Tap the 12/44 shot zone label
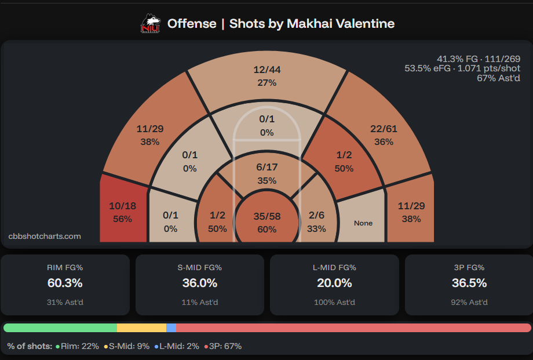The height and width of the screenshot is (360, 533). point(267,70)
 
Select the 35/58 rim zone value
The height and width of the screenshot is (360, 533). point(267,216)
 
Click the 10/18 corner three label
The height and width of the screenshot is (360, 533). point(123,206)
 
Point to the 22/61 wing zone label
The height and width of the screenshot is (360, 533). point(384,129)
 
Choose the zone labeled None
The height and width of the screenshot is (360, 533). point(363,223)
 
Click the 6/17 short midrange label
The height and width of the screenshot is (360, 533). point(267,167)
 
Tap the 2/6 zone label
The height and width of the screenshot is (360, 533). point(316,215)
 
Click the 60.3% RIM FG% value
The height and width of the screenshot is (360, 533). point(65,283)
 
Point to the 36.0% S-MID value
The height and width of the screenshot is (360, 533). point(199,283)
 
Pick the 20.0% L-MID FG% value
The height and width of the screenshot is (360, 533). point(334,283)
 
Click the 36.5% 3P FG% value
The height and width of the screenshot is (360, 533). point(469,283)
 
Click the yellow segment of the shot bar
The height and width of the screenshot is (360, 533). point(141,328)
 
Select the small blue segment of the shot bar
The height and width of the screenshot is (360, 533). point(171,328)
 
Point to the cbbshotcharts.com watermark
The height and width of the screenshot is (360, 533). point(45,236)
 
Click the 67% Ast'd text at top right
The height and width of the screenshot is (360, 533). point(498,78)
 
